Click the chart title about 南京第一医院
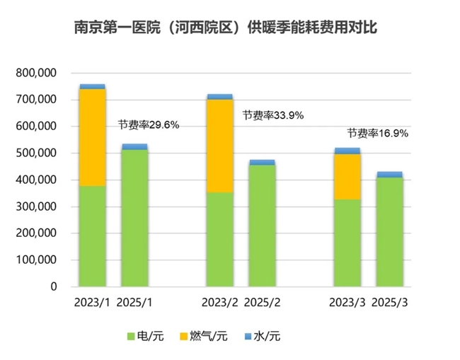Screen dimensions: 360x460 point(231,29)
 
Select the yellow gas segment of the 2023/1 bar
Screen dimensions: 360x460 point(92,137)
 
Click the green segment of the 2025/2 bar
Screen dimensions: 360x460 point(262,226)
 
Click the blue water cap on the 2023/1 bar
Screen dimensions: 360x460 point(92,86)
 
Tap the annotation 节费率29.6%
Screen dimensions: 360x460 point(149,124)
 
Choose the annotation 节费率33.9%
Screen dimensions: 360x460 point(272,115)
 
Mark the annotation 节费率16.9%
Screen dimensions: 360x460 point(377,132)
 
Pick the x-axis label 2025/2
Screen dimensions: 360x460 point(262,303)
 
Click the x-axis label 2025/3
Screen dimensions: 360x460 point(389,303)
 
